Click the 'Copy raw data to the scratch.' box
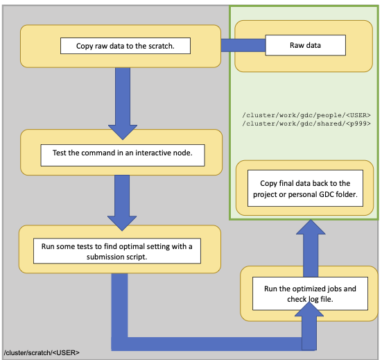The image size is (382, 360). (125, 46)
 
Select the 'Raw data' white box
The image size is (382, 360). (306, 45)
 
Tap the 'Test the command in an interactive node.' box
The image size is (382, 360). (123, 155)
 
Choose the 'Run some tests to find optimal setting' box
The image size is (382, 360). (117, 251)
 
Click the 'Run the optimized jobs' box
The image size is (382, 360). (310, 293)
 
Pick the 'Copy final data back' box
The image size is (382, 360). (305, 188)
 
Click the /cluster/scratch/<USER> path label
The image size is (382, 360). (42, 352)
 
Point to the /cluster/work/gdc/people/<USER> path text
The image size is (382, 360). (306, 115)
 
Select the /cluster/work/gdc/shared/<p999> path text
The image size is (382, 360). (306, 123)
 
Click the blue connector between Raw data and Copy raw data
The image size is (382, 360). (243, 45)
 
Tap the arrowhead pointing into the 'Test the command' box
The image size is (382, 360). (123, 132)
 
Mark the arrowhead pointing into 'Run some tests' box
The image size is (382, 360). (122, 223)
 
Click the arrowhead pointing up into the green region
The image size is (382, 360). (311, 227)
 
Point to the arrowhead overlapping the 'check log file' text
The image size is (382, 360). (309, 309)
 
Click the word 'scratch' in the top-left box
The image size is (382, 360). (161, 46)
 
